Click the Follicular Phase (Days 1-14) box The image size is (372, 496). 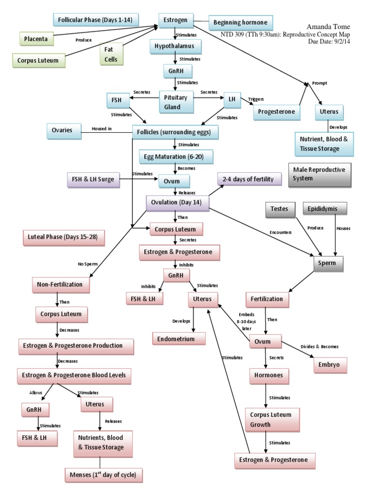pyautogui.click(x=95, y=20)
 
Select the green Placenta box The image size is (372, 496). pyautogui.click(x=37, y=39)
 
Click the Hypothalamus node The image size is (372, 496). pyautogui.click(x=175, y=47)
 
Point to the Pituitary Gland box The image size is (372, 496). pyautogui.click(x=176, y=102)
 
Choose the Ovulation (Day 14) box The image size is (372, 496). pyautogui.click(x=177, y=202)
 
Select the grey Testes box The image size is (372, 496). pyautogui.click(x=279, y=209)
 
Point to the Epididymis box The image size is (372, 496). pyautogui.click(x=325, y=209)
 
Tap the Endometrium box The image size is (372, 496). pyautogui.click(x=175, y=339)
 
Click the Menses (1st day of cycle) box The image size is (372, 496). pyautogui.click(x=104, y=475)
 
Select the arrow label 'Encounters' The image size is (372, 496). pyautogui.click(x=280, y=232)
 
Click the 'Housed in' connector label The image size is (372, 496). pyautogui.click(x=102, y=129)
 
